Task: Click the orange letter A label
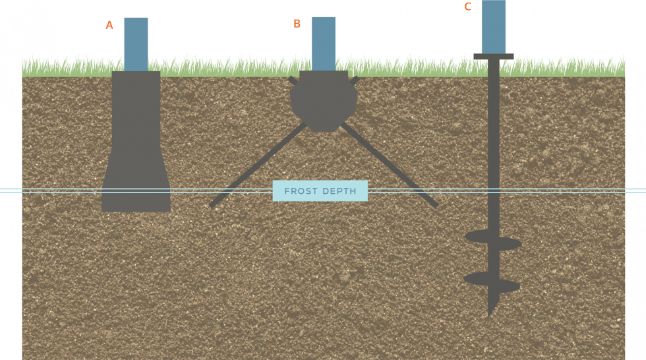pyautogui.click(x=111, y=27)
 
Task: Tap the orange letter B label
pyautogui.click(x=297, y=25)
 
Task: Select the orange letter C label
pyautogui.click(x=469, y=7)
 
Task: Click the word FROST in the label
pyautogui.click(x=300, y=191)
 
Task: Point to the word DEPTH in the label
pyautogui.click(x=339, y=191)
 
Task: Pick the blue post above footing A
pyautogui.click(x=136, y=44)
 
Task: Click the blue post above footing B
pyautogui.click(x=324, y=44)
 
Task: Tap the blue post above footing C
pyautogui.click(x=493, y=26)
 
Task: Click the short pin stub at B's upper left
pyautogui.click(x=292, y=80)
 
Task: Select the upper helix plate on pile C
pyautogui.click(x=493, y=241)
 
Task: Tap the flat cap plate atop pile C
pyautogui.click(x=493, y=57)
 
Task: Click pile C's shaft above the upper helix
pyautogui.click(x=493, y=145)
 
